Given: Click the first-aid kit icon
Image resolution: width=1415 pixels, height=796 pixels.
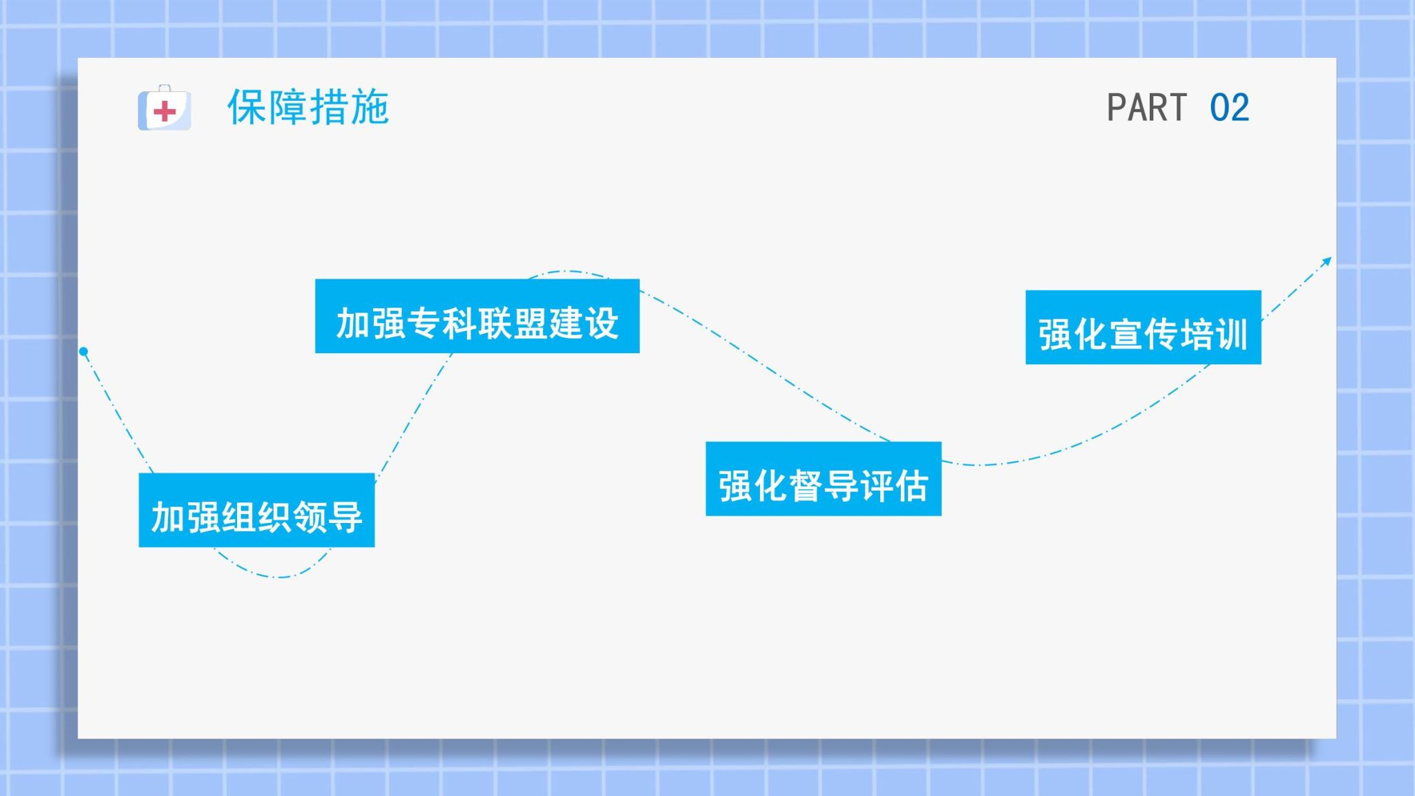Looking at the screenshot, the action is [x=164, y=108].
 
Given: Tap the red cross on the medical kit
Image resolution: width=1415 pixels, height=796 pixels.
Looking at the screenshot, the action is [x=164, y=111].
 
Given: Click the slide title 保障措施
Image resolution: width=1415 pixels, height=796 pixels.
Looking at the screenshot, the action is [x=308, y=107].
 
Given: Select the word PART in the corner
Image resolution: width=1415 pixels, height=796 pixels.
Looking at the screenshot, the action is [x=1147, y=108].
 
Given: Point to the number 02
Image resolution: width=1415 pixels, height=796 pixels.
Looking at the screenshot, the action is [x=1230, y=108].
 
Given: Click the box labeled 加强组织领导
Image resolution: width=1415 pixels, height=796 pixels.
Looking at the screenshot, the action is [x=256, y=510].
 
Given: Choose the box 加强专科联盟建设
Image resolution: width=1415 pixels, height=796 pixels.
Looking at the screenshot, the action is [x=477, y=316].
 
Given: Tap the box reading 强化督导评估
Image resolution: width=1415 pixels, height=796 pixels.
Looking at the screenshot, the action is [x=824, y=478].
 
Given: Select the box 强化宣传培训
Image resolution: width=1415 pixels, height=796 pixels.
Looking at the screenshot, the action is [x=1143, y=327].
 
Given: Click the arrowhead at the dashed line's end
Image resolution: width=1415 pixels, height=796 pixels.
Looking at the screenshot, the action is [x=1327, y=262].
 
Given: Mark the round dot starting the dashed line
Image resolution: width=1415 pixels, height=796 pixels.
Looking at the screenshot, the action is [x=84, y=352].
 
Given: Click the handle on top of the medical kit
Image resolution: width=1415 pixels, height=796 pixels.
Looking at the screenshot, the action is [x=164, y=88].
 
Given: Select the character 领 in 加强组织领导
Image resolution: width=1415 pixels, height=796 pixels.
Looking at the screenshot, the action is [x=310, y=518].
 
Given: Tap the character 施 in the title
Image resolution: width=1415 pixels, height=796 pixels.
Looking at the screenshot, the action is [x=370, y=107].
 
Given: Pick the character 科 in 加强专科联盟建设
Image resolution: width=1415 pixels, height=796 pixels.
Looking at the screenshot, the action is [x=459, y=323].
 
